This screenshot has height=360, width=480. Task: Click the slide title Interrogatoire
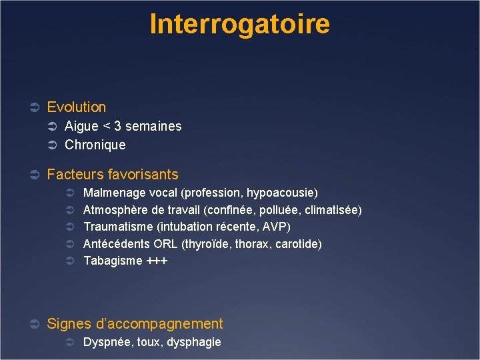[239, 24]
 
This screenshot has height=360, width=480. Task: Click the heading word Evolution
[77, 107]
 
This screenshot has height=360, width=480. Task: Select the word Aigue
[81, 126]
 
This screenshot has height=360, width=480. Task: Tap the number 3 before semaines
[117, 126]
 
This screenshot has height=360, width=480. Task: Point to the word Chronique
[95, 145]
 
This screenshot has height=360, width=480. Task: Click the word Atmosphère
[114, 210]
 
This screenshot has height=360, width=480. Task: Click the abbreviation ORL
[166, 244]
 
